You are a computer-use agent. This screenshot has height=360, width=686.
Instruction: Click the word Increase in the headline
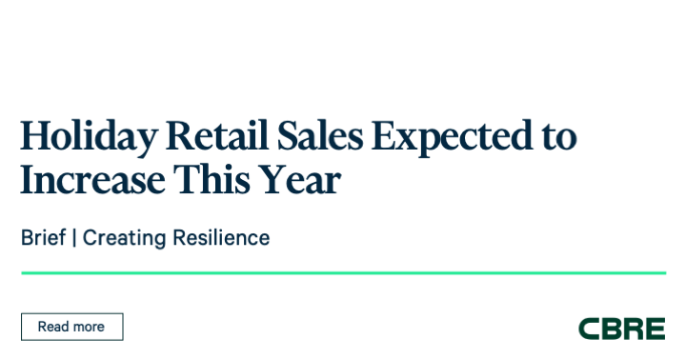(89, 182)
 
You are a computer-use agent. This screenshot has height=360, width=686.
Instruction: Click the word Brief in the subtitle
(43, 238)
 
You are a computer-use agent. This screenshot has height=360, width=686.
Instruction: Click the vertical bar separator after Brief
(74, 238)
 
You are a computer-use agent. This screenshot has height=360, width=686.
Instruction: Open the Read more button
(71, 327)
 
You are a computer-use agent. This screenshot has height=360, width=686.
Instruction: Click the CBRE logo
(621, 329)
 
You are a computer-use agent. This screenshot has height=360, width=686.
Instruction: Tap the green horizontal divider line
(343, 273)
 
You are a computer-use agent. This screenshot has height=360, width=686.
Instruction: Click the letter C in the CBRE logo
(589, 329)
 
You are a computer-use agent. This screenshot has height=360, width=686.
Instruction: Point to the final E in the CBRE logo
(655, 329)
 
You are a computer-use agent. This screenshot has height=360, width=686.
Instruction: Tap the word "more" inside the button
(88, 327)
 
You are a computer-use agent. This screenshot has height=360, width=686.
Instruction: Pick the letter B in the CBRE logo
(611, 329)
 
